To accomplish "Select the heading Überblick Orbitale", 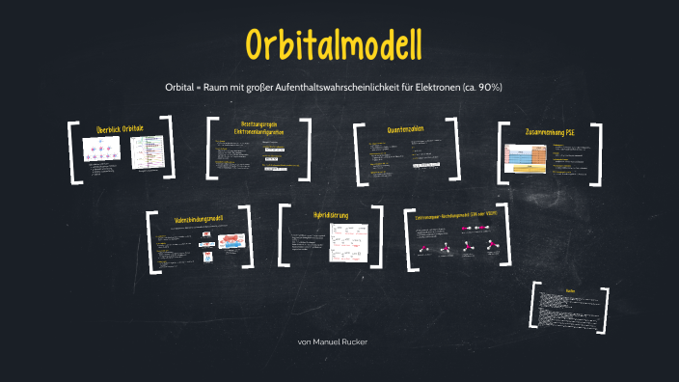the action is (120, 128).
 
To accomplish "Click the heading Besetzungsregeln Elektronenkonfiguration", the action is (258, 129).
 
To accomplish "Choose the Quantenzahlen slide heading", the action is (404, 128).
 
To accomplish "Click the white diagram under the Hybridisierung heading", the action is (348, 242).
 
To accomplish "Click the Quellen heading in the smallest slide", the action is (570, 289).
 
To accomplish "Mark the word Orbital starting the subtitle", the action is (181, 88).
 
